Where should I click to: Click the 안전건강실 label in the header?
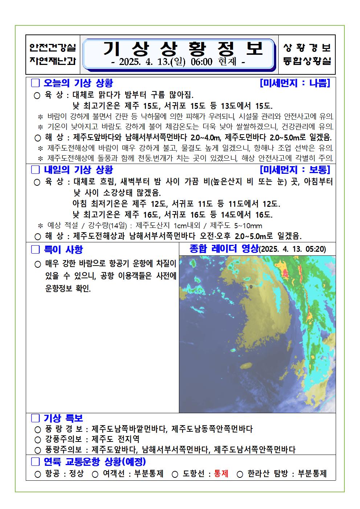coord(53,47)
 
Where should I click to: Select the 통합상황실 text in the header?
coord(307,61)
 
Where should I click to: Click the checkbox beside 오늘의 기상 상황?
coord(35,83)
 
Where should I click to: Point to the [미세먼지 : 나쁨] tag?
coord(295,83)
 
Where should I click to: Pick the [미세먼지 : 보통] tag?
coord(295,169)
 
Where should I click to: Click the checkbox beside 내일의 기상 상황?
coord(35,169)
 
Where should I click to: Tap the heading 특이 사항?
coord(63,249)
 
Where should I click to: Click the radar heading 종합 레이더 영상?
coord(224,249)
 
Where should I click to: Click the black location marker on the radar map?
coord(251,287)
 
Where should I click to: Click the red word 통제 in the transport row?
coord(221,474)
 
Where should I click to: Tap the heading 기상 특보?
coord(63,418)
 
